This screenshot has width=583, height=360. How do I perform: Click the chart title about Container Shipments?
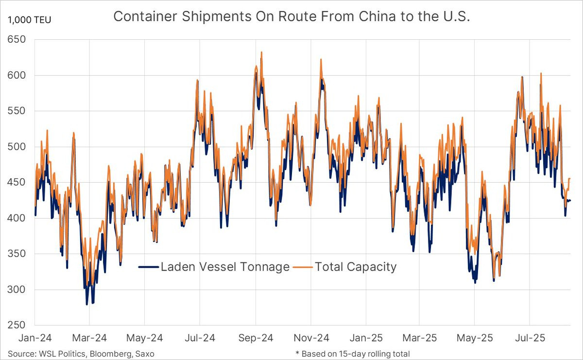point(291,17)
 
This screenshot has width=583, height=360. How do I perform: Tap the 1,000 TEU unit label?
point(29,20)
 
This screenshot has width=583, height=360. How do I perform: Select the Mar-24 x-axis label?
point(89,337)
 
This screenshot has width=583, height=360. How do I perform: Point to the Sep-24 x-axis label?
point(256,337)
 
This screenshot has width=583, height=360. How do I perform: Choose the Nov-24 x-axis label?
point(311,337)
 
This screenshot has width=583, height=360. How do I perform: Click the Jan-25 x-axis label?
point(367,337)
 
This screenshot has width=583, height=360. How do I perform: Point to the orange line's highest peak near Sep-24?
point(261,52)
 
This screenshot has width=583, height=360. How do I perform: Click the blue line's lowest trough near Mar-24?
point(87,304)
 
